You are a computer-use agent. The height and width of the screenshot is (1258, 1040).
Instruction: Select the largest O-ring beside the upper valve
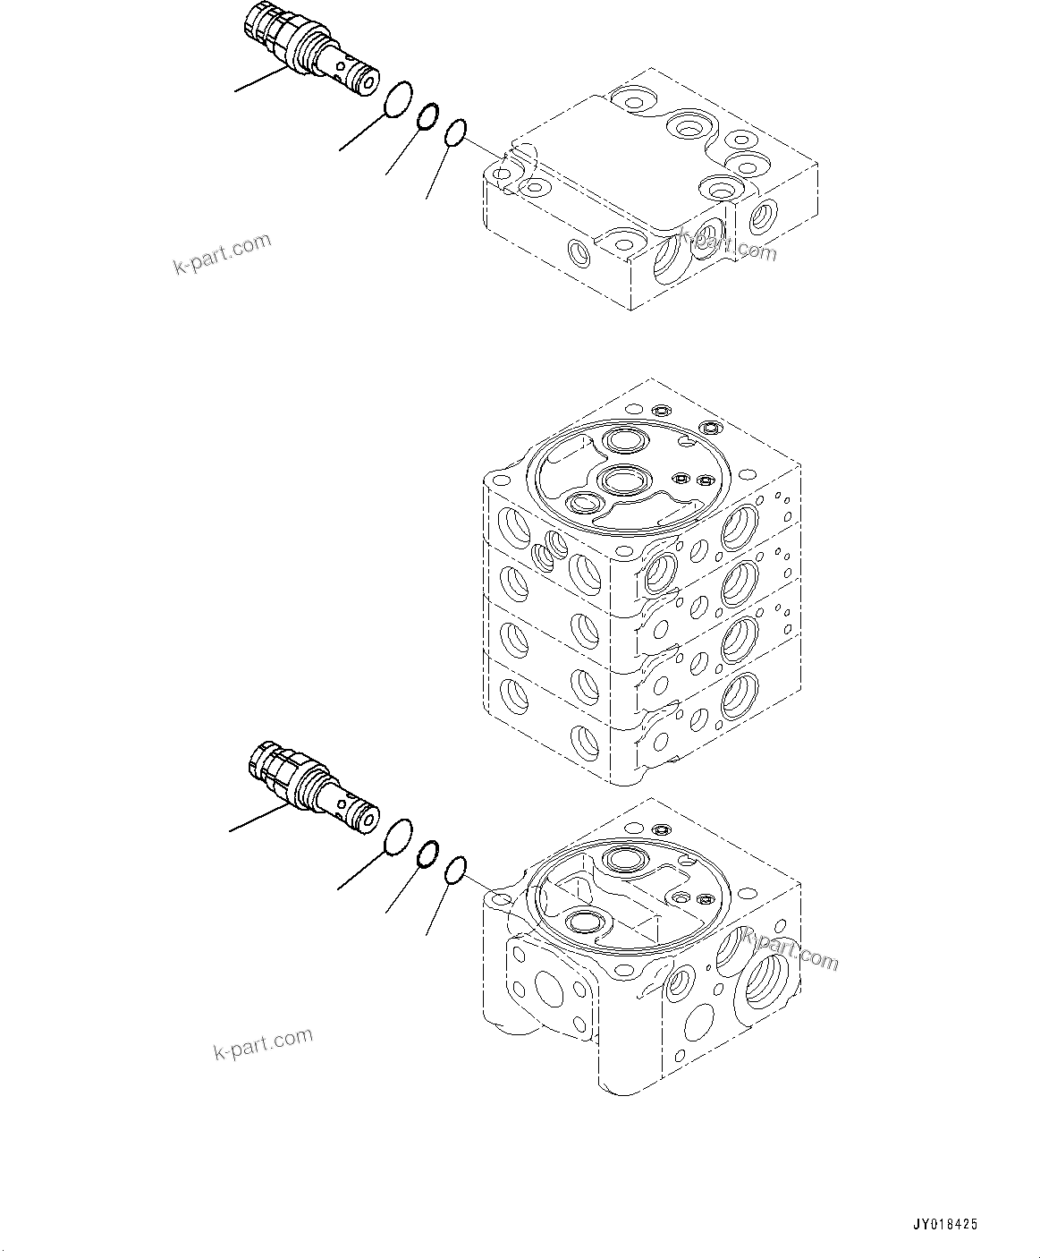click(x=399, y=99)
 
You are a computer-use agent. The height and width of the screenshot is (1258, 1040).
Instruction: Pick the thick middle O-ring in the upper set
click(x=427, y=116)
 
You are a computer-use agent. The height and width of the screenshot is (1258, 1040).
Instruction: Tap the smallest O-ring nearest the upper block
click(x=454, y=133)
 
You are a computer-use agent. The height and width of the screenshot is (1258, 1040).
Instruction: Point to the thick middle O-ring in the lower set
click(x=427, y=854)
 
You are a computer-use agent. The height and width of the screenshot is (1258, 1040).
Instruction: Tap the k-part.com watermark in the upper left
click(x=222, y=254)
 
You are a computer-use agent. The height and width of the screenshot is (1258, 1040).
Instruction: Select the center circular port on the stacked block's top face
click(x=619, y=480)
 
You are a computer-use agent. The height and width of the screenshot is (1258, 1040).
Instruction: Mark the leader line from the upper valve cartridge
click(x=260, y=81)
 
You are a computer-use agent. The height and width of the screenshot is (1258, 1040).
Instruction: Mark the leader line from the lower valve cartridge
click(x=258, y=819)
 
